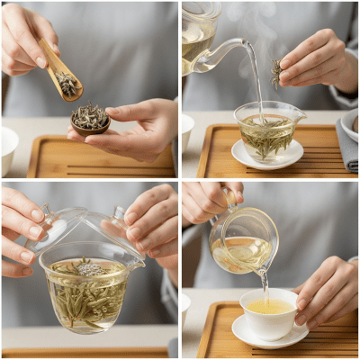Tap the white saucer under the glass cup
tap(267, 158)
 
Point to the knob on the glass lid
tap(117, 215)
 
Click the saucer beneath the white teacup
tap(270, 335)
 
